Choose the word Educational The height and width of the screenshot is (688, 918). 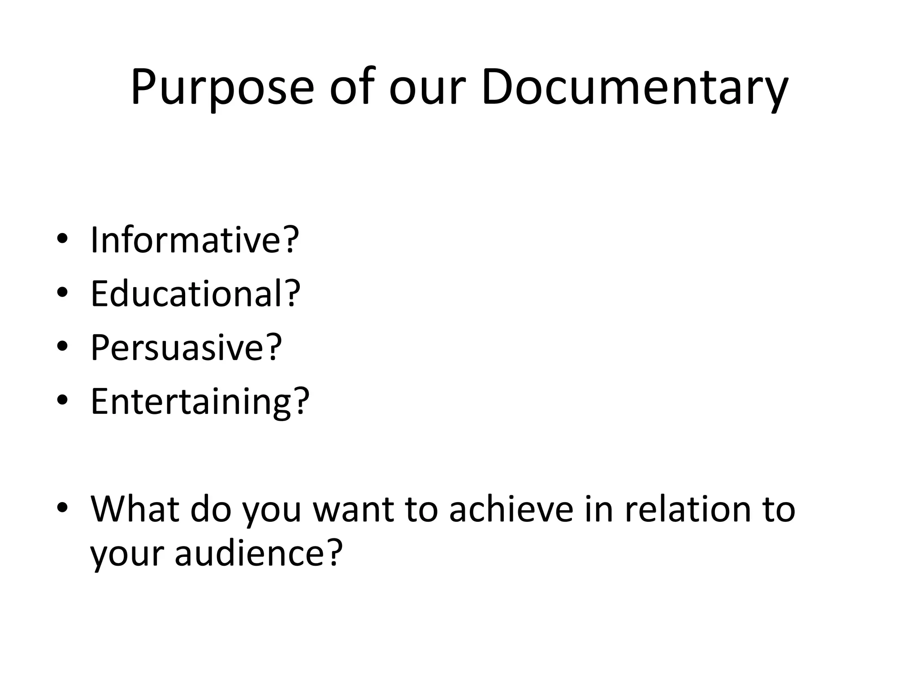tap(188, 294)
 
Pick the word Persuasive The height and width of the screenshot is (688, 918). tap(179, 348)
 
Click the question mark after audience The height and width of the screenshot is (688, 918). tap(332, 552)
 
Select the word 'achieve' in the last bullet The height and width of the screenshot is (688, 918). tap(511, 509)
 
